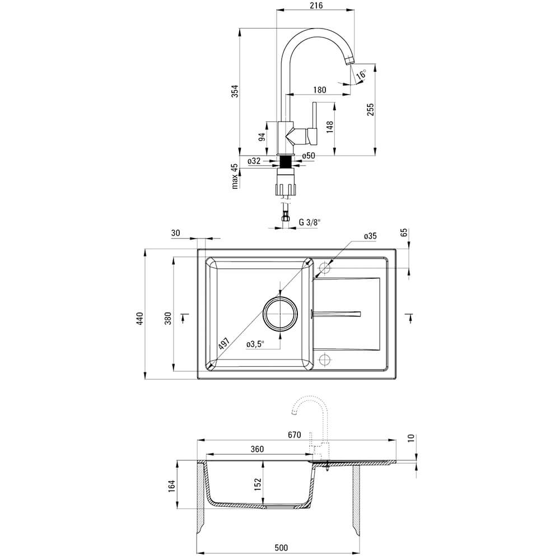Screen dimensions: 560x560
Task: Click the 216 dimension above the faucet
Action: tap(316, 6)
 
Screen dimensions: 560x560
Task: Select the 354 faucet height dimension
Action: tap(234, 91)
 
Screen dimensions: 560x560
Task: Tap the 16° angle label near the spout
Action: tap(361, 74)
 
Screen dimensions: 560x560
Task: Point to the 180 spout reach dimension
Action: tap(320, 90)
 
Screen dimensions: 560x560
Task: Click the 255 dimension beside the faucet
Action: tap(370, 109)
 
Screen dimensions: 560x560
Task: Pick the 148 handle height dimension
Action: tap(330, 127)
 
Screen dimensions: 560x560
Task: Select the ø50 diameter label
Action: tap(309, 156)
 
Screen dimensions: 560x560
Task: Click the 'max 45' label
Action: tap(234, 176)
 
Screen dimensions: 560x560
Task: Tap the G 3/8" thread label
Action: tap(310, 222)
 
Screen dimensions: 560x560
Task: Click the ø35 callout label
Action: tap(370, 236)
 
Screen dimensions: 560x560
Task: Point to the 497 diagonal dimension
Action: tap(224, 343)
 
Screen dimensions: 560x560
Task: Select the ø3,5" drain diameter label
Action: tap(255, 344)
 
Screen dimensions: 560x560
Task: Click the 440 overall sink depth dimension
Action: tap(139, 318)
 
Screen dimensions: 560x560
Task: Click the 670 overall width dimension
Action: tap(295, 435)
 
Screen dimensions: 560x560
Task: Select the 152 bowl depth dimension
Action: tap(258, 484)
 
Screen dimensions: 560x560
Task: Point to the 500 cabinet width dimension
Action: tap(281, 548)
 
